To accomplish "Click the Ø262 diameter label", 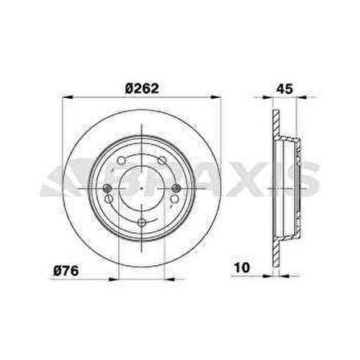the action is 141,88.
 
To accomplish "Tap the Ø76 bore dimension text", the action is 66,271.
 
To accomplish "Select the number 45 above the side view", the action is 284,88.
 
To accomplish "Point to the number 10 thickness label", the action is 242,268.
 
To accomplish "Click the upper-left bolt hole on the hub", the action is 121,161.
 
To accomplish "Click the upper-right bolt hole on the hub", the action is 162,161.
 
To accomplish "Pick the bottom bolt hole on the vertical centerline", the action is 141,223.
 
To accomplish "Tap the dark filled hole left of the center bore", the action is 108,188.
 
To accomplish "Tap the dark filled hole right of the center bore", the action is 176,188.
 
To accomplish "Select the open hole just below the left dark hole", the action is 108,198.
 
